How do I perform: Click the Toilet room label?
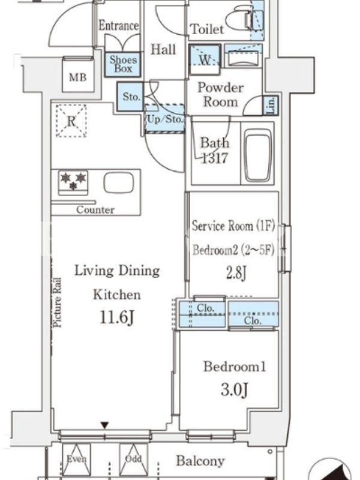click(207, 29)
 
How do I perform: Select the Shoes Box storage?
click(123, 64)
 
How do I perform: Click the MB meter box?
click(78, 74)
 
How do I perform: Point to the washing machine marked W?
click(205, 59)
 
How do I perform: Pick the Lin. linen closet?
click(271, 106)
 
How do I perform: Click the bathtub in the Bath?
click(258, 155)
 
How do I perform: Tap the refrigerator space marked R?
click(71, 121)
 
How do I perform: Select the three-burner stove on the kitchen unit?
click(73, 182)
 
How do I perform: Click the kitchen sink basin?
click(119, 183)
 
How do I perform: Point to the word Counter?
click(95, 209)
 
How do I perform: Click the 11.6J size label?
click(116, 317)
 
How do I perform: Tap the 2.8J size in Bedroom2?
click(236, 273)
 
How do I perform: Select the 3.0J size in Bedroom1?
click(234, 389)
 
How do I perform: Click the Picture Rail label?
click(57, 303)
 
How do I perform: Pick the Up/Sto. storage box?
click(164, 118)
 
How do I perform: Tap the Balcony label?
click(200, 461)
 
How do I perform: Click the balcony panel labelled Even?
click(77, 459)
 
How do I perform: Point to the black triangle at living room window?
click(105, 425)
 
